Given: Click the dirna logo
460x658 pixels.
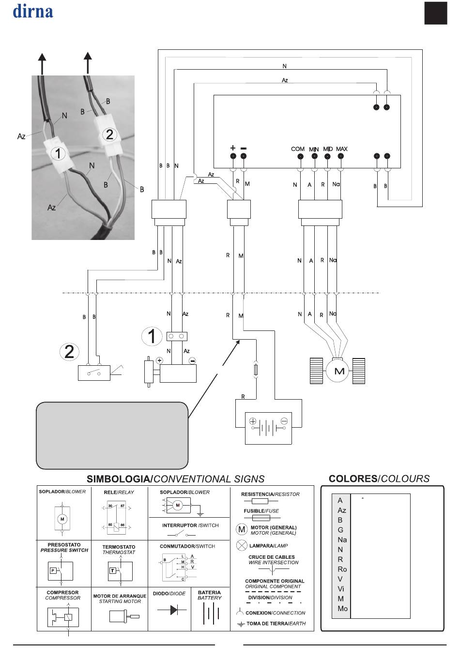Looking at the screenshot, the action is (x=33, y=11).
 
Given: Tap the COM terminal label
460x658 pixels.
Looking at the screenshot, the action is (x=297, y=149).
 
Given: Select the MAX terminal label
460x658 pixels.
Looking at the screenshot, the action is (x=341, y=149).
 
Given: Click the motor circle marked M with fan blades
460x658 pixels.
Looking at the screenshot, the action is (x=337, y=371).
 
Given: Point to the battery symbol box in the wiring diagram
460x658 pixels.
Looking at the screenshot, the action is (x=268, y=428).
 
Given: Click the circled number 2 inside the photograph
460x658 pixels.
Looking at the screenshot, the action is (x=109, y=135).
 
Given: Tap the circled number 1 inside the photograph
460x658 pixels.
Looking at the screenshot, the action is (x=58, y=153).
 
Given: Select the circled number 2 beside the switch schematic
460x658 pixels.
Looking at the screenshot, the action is (x=69, y=352).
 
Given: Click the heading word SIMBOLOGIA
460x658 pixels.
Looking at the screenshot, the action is (x=119, y=479).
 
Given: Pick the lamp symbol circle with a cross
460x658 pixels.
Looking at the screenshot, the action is (x=242, y=545).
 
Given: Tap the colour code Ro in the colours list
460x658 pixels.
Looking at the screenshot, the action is (x=342, y=569).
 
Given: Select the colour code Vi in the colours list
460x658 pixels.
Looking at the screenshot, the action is (x=341, y=589).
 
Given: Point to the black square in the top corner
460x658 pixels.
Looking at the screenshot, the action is (x=436, y=13).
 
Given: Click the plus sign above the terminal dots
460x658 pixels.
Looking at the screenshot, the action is (x=233, y=148).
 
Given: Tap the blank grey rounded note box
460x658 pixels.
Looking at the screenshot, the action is (x=112, y=435).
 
